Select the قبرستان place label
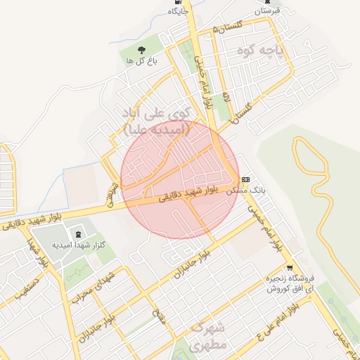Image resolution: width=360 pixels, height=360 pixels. (x=267, y=11)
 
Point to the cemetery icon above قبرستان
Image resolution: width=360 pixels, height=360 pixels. (x=267, y=1)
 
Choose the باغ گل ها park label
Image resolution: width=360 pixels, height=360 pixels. (x=141, y=61)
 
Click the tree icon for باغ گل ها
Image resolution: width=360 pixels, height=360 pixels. (x=141, y=49)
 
